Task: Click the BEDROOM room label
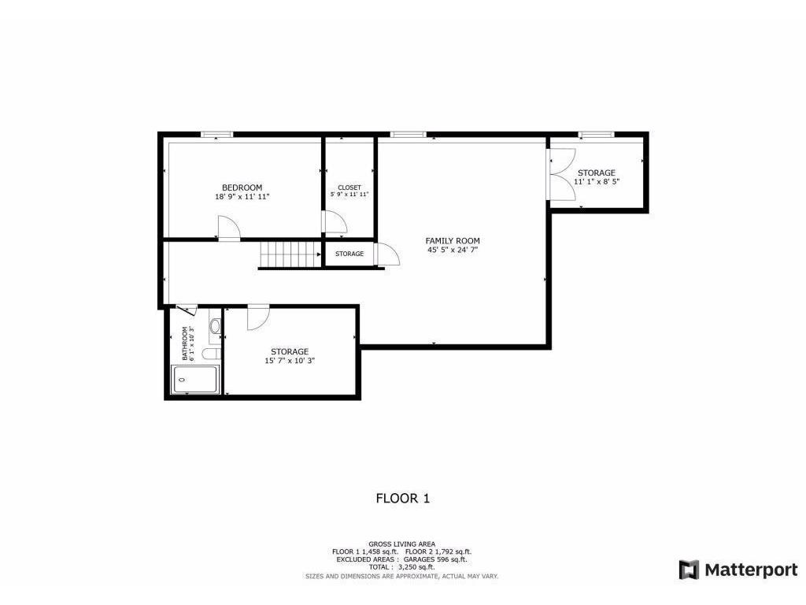(x=242, y=187)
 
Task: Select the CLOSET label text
(x=349, y=187)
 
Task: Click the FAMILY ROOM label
(x=453, y=241)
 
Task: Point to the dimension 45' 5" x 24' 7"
(x=453, y=251)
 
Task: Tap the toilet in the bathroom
(x=214, y=326)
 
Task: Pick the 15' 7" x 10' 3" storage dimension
(x=290, y=361)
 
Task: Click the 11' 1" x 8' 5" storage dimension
(x=596, y=181)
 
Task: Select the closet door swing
(x=335, y=222)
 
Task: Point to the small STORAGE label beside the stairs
(x=349, y=254)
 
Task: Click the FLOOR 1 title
(x=402, y=498)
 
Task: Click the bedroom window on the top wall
(x=216, y=135)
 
